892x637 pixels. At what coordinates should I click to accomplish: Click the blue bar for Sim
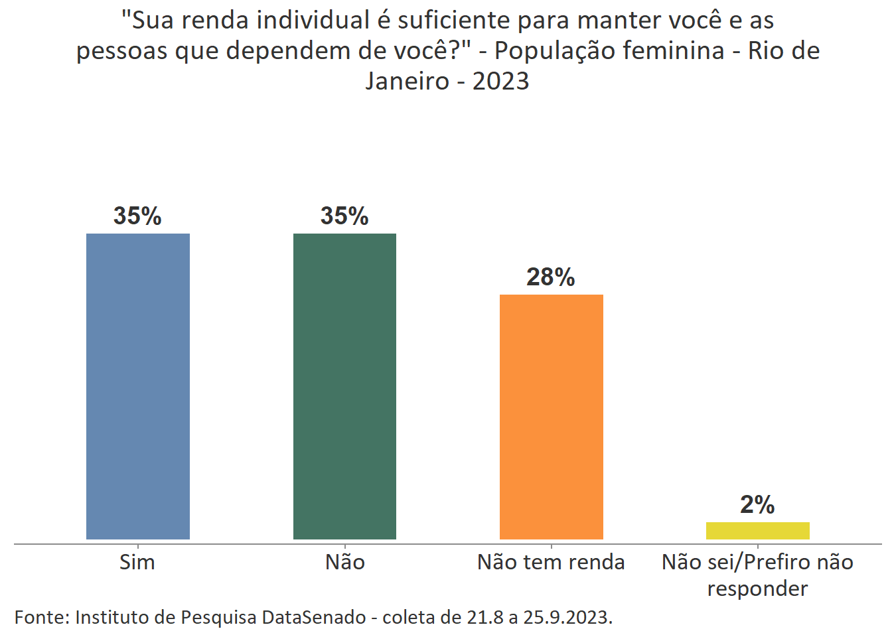[x=138, y=386]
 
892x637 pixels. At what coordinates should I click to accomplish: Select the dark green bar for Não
[x=344, y=386]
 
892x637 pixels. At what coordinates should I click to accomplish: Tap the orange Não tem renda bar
[x=551, y=417]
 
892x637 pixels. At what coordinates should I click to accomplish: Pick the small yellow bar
[x=757, y=531]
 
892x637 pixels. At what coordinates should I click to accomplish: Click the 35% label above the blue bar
[x=137, y=216]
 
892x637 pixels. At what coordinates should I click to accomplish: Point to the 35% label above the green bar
[x=344, y=216]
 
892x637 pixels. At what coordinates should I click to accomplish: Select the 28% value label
[x=551, y=277]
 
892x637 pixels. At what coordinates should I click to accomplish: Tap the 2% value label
[x=757, y=505]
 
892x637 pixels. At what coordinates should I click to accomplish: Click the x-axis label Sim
[x=137, y=563]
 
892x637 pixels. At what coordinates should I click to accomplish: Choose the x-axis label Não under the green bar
[x=345, y=563]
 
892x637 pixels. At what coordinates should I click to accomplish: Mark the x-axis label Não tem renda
[x=551, y=563]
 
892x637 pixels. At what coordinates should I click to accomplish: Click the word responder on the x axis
[x=757, y=589]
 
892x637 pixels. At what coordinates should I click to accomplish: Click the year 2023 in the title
[x=501, y=82]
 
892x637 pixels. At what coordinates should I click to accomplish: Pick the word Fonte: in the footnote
[x=42, y=617]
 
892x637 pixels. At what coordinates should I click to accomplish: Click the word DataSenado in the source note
[x=314, y=617]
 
